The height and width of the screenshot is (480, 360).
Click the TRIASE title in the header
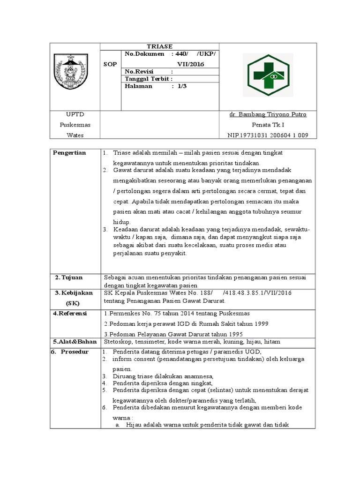pos(160,46)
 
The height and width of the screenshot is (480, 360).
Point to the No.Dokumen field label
pos(145,54)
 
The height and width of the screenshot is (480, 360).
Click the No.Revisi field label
pos(139,72)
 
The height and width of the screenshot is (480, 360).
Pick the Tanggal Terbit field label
pos(147,79)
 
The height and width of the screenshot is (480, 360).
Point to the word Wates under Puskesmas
pos(75,135)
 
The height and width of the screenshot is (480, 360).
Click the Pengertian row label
pos(69,153)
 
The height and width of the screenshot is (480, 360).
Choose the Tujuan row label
pos(69,278)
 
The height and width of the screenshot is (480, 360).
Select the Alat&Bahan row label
pos(72,342)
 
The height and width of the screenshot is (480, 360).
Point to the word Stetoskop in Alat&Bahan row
pos(118,342)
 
